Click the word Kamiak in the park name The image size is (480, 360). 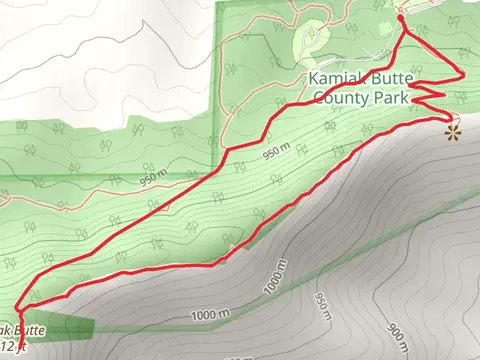click(x=334, y=78)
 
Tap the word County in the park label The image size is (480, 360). click(x=338, y=98)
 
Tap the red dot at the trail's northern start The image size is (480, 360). click(x=400, y=13)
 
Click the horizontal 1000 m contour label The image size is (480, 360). click(x=209, y=316)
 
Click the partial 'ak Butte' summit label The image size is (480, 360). click(x=20, y=329)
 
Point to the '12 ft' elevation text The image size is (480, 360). click(x=12, y=346)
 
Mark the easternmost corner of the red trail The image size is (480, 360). click(x=463, y=72)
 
